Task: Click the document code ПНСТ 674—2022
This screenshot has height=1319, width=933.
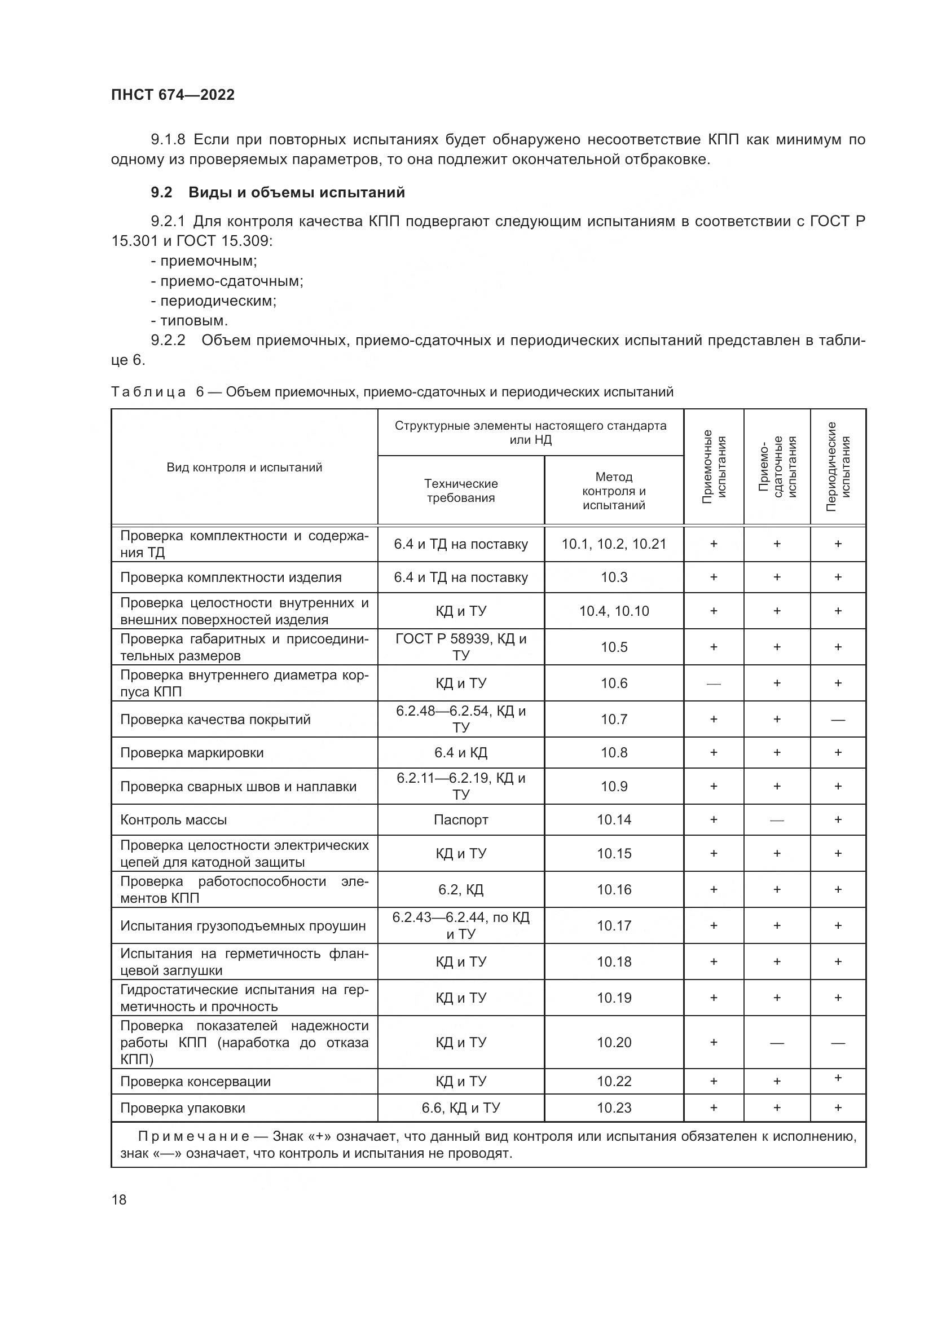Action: coord(173,95)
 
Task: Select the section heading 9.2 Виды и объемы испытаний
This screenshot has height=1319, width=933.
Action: coord(278,192)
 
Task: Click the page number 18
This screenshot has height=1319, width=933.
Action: coord(119,1199)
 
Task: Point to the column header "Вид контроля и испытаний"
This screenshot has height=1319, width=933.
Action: coord(244,467)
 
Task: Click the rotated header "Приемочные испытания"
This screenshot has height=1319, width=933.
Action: coord(714,467)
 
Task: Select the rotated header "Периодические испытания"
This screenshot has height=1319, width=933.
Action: coord(838,467)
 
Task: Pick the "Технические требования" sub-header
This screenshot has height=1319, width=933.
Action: coord(461,491)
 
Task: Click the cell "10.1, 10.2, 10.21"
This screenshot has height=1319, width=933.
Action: coord(614,544)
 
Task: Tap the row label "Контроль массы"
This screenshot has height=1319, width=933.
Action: coord(174,820)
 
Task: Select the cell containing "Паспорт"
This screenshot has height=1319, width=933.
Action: coord(461,820)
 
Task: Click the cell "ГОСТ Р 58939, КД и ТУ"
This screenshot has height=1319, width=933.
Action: coord(461,647)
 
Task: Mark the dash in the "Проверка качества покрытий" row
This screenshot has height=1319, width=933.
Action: coord(838,720)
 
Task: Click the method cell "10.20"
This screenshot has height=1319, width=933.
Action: coord(614,1042)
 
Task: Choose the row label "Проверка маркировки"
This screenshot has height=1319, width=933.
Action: coord(192,753)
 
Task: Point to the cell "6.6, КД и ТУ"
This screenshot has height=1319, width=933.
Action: coord(461,1108)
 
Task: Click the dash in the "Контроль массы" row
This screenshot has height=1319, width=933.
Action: coord(777,820)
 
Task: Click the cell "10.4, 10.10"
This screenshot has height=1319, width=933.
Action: coord(614,611)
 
